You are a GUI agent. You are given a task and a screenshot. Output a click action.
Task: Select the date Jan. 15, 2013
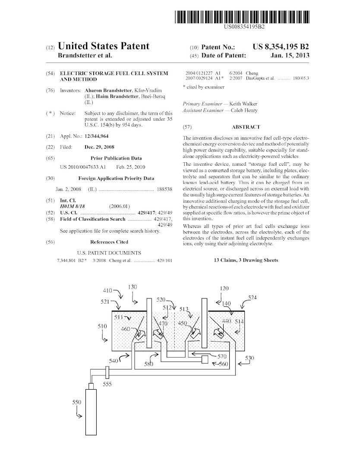click(x=290, y=56)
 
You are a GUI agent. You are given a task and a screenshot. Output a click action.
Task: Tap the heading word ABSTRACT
click(x=246, y=127)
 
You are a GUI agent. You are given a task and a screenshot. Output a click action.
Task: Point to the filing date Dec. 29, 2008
click(x=100, y=147)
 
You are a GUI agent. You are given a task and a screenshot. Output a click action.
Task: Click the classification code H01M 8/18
click(x=73, y=207)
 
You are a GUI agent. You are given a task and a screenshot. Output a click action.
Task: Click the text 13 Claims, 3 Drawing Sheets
click(x=246, y=260)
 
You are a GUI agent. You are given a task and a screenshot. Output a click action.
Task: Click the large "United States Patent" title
click(x=104, y=46)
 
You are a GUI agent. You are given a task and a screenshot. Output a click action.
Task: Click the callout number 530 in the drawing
click(x=249, y=358)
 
